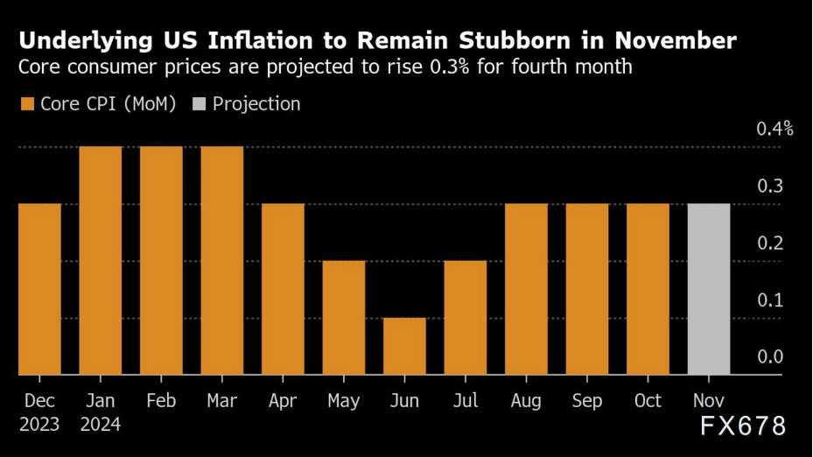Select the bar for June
pyautogui.click(x=404, y=346)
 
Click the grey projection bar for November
pyautogui.click(x=708, y=289)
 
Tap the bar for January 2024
pyautogui.click(x=101, y=260)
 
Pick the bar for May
pyautogui.click(x=344, y=317)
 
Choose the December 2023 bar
pyautogui.click(x=39, y=289)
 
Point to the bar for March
pyautogui.click(x=222, y=260)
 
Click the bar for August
pyautogui.click(x=526, y=289)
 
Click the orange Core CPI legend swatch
pyautogui.click(x=26, y=104)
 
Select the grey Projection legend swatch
pyautogui.click(x=199, y=104)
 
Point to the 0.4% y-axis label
pyautogui.click(x=774, y=129)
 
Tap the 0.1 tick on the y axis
pyautogui.click(x=769, y=299)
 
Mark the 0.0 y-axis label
pyautogui.click(x=769, y=356)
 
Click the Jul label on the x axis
pyautogui.click(x=466, y=401)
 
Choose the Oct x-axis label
pyautogui.click(x=648, y=401)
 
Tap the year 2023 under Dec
pyautogui.click(x=39, y=425)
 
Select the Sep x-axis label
pyautogui.click(x=586, y=401)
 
